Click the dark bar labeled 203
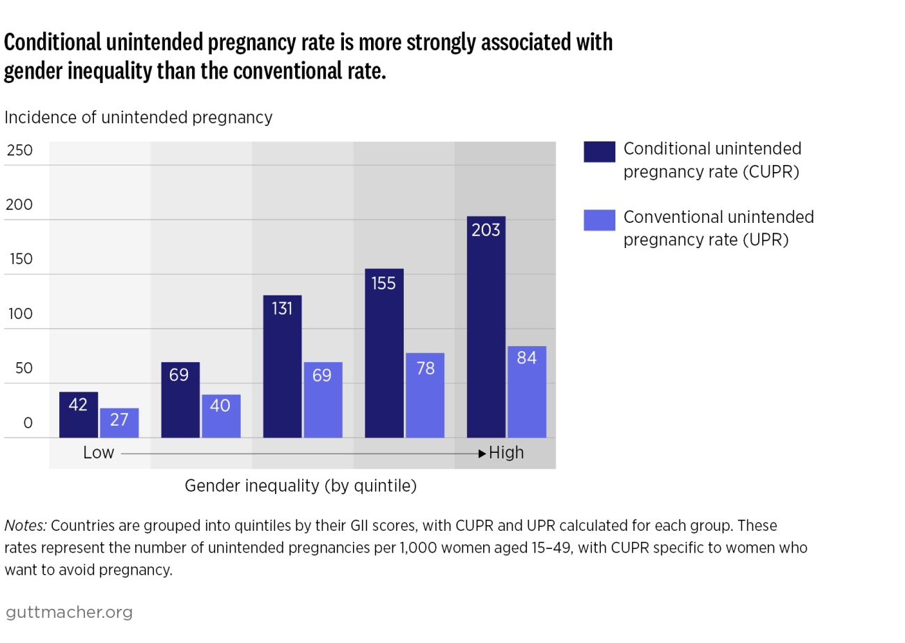coord(486,327)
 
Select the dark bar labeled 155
coord(384,353)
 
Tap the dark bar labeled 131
coord(282,366)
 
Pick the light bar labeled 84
coord(526,392)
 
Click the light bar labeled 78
coord(425,395)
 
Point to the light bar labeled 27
coord(119,423)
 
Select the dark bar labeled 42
coord(79,415)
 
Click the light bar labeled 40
coord(221,416)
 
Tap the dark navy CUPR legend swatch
coord(599,151)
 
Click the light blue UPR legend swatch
coord(599,219)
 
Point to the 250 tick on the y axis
coord(19,150)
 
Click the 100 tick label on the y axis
coord(19,314)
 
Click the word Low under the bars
coord(98,453)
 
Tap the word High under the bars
coord(506,453)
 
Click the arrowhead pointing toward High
coord(482,454)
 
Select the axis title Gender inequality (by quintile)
coord(301,486)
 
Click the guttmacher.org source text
coord(68,612)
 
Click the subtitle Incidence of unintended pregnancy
coord(139,118)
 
